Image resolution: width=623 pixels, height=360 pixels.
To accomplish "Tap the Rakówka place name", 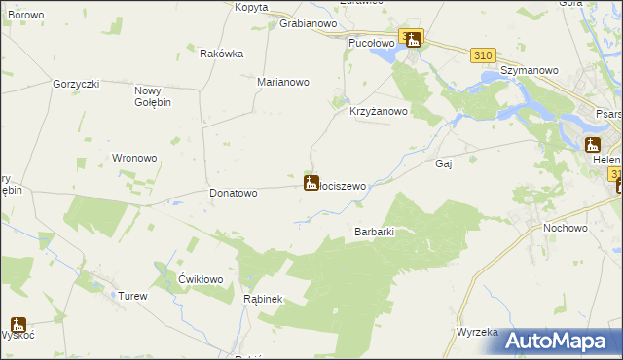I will point(220,54).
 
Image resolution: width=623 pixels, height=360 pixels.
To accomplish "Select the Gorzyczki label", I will point(77,85).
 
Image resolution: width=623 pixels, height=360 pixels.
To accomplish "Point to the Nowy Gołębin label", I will point(152,97).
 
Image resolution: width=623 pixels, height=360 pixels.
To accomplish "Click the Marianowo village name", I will point(282,83).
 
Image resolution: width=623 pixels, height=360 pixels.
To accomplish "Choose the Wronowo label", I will point(134,158).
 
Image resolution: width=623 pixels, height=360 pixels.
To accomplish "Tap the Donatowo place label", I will point(234,193).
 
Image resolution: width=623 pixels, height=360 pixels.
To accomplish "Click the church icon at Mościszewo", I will point(311,182).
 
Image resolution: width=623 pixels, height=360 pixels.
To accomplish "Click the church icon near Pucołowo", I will point(414,40).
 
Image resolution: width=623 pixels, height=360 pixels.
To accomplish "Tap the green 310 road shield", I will point(483,55).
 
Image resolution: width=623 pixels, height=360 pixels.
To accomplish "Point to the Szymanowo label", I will point(528,71).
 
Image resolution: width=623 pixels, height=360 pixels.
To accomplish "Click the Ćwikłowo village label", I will point(202,279).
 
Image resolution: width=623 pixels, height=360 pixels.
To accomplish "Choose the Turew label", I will point(131,296).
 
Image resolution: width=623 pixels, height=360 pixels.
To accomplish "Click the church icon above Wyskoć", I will point(18,324).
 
